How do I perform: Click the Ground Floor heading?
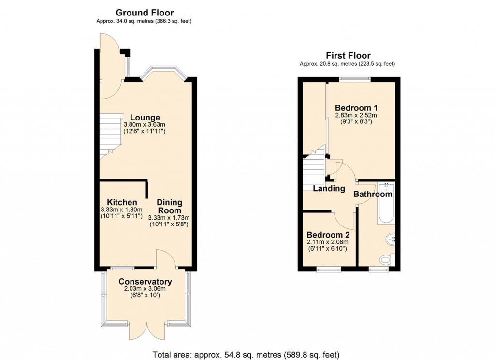click(145, 13)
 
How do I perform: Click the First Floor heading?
click(348, 56)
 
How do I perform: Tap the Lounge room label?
click(145, 118)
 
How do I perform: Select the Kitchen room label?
click(122, 202)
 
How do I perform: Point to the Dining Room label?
click(170, 207)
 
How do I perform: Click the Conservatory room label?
click(145, 281)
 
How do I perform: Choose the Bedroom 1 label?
click(356, 107)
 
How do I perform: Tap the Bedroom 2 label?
click(328, 235)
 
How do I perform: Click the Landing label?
click(329, 189)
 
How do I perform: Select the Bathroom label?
click(373, 194)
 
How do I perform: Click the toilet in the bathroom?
click(388, 260)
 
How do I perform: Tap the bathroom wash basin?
click(391, 239)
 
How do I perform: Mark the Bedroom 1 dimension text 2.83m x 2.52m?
click(356, 115)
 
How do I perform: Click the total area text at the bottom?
click(246, 354)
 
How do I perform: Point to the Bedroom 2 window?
click(329, 270)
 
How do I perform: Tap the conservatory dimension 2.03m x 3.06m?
click(145, 288)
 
